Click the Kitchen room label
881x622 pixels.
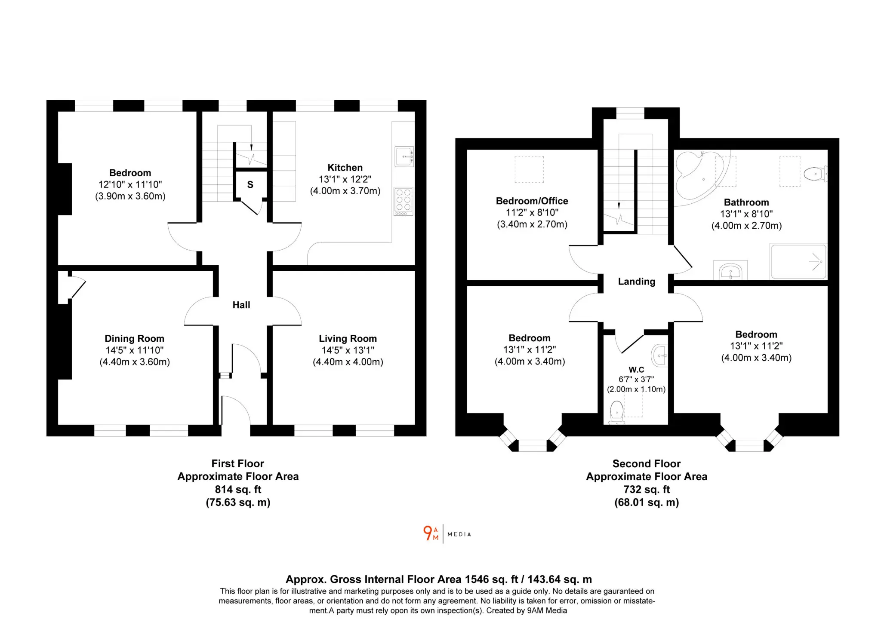(x=345, y=168)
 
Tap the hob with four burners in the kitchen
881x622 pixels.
(x=404, y=201)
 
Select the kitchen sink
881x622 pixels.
(x=404, y=156)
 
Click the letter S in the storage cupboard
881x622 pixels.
(x=250, y=185)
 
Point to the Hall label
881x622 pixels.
(x=241, y=305)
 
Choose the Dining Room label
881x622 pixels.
(x=135, y=339)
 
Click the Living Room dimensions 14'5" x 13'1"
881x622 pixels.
(x=348, y=350)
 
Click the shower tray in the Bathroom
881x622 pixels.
(x=798, y=262)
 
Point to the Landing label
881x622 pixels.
(x=637, y=282)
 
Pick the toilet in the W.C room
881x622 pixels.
(x=617, y=413)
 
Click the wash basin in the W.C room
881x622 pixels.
(x=660, y=355)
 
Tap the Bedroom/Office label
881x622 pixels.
(x=532, y=201)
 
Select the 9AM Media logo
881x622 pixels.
(x=447, y=533)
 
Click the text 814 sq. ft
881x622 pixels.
(x=238, y=490)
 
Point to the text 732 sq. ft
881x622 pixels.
(x=647, y=490)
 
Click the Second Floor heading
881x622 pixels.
(x=647, y=464)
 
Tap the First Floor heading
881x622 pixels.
(x=238, y=464)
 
